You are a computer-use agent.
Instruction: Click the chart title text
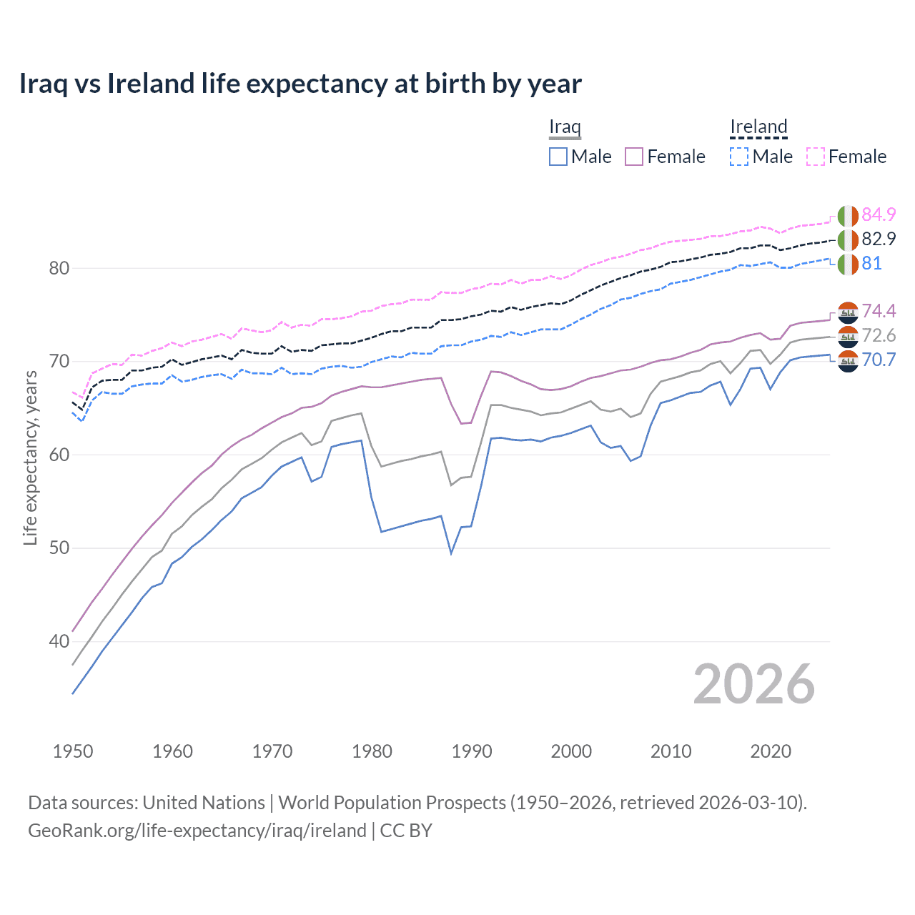[x=300, y=84]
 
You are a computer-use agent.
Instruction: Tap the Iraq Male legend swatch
[x=558, y=157]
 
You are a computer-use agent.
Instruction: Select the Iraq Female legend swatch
[x=634, y=157]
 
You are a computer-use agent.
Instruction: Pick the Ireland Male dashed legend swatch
[x=739, y=157]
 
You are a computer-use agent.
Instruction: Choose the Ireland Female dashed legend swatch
[x=816, y=157]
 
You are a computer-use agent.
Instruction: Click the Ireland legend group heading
[x=758, y=127]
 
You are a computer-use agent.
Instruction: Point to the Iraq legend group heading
[x=565, y=127]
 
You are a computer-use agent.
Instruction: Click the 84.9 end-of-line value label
[x=879, y=214]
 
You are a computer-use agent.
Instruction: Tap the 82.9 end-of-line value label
[x=879, y=239]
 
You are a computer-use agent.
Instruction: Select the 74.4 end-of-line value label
[x=879, y=311]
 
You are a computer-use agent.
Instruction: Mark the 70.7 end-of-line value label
[x=879, y=360]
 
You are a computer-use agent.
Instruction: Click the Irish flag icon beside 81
[x=848, y=264]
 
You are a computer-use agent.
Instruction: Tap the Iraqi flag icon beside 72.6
[x=848, y=336]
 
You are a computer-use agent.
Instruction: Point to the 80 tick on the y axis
[x=59, y=269]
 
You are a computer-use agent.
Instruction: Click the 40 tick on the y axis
[x=59, y=642]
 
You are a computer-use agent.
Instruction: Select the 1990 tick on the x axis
[x=472, y=751]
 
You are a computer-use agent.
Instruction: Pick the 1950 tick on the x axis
[x=73, y=751]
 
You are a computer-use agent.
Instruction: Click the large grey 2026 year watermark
[x=753, y=685]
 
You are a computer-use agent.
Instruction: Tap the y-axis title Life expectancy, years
[x=31, y=457]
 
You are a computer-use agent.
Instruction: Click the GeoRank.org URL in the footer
[x=197, y=831]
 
